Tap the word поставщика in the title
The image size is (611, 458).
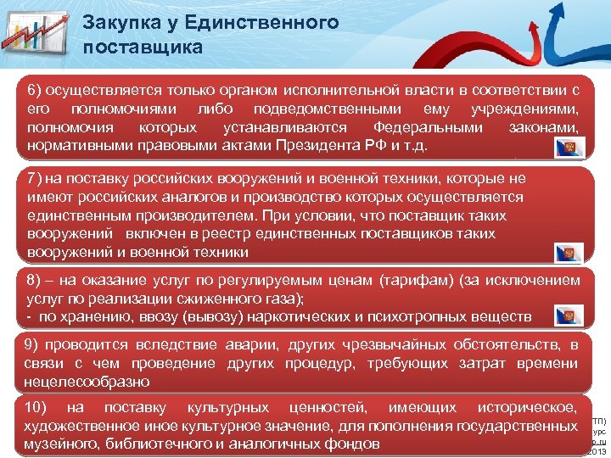click(x=143, y=46)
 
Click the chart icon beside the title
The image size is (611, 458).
click(x=36, y=35)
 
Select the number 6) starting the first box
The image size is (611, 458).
click(x=35, y=89)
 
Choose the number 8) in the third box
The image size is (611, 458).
click(x=35, y=280)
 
